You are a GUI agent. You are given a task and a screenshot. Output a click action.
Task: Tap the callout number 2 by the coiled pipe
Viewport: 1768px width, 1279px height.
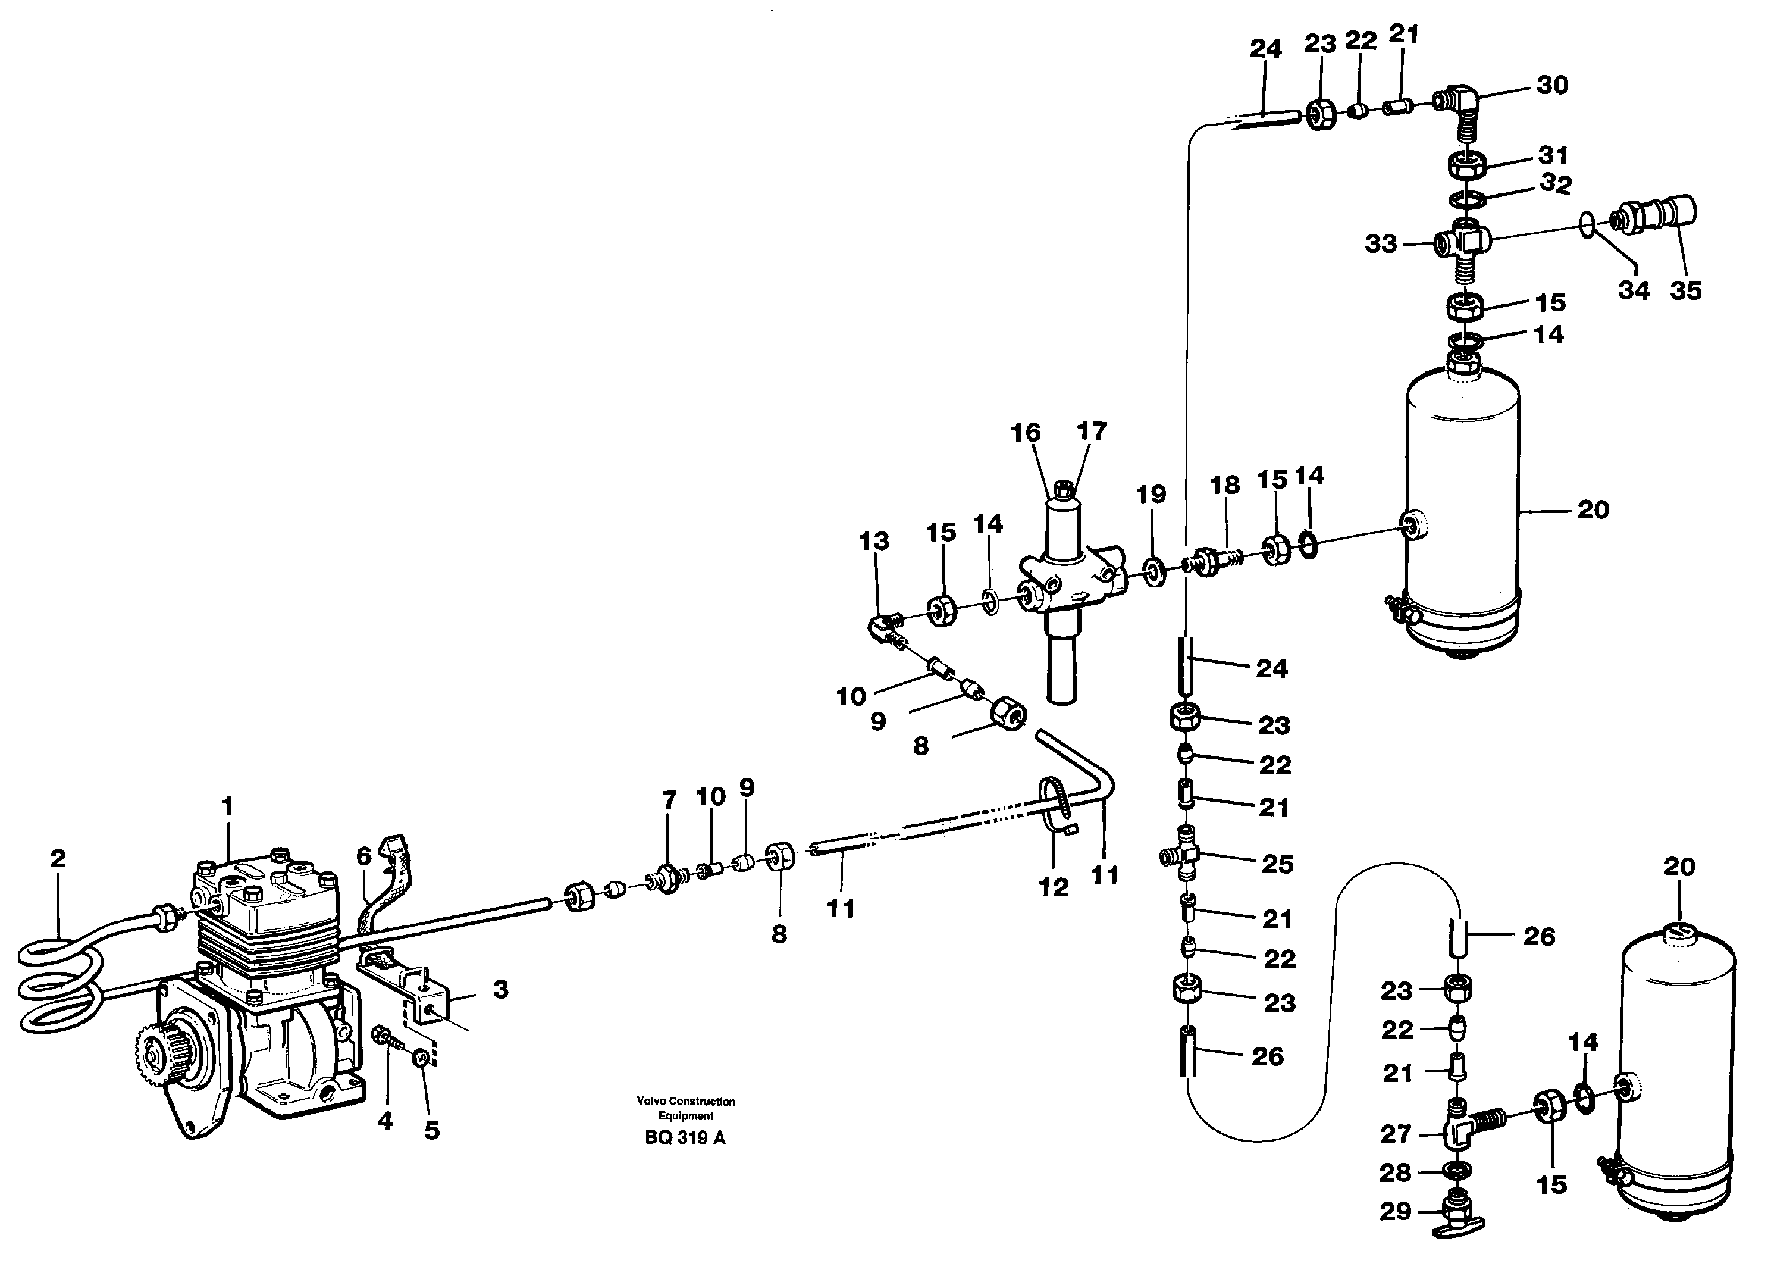(x=58, y=859)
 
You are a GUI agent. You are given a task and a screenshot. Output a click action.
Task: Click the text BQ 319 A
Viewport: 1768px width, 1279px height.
(x=685, y=1138)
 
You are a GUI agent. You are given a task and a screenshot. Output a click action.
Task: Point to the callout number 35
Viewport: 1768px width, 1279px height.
(x=1685, y=290)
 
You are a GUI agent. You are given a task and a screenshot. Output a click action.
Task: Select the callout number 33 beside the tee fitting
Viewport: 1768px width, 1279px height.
(x=1381, y=244)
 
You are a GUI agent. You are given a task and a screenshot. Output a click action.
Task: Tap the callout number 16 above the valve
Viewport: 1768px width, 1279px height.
(x=1025, y=432)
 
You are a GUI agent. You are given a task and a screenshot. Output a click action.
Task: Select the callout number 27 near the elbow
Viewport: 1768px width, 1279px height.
(x=1396, y=1134)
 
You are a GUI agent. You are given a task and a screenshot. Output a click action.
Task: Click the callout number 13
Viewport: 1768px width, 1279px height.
(x=874, y=540)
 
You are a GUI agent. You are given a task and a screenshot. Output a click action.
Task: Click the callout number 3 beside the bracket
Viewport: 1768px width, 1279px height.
(x=500, y=990)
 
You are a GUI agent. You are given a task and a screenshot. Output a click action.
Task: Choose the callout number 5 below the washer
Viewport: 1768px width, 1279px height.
(x=432, y=1130)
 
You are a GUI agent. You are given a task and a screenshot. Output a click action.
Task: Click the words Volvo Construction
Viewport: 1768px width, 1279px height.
(x=685, y=1101)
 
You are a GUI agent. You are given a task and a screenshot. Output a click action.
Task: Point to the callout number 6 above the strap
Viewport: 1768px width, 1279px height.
(x=364, y=856)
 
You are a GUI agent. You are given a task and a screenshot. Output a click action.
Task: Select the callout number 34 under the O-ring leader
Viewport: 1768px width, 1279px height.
(x=1634, y=290)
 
